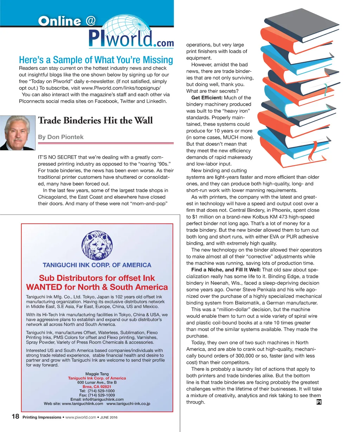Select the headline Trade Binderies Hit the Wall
[x=95, y=120]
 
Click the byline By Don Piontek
[x=60, y=137]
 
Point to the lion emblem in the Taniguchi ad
[x=97, y=246]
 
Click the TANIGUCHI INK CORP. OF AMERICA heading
[x=97, y=265]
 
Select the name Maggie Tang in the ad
[x=97, y=374]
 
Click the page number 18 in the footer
[x=15, y=417]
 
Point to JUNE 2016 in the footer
[x=109, y=418]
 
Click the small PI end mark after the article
[x=319, y=402]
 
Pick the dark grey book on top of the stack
[x=302, y=21]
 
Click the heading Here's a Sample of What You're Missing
[x=96, y=60]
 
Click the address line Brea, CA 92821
[x=97, y=387]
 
